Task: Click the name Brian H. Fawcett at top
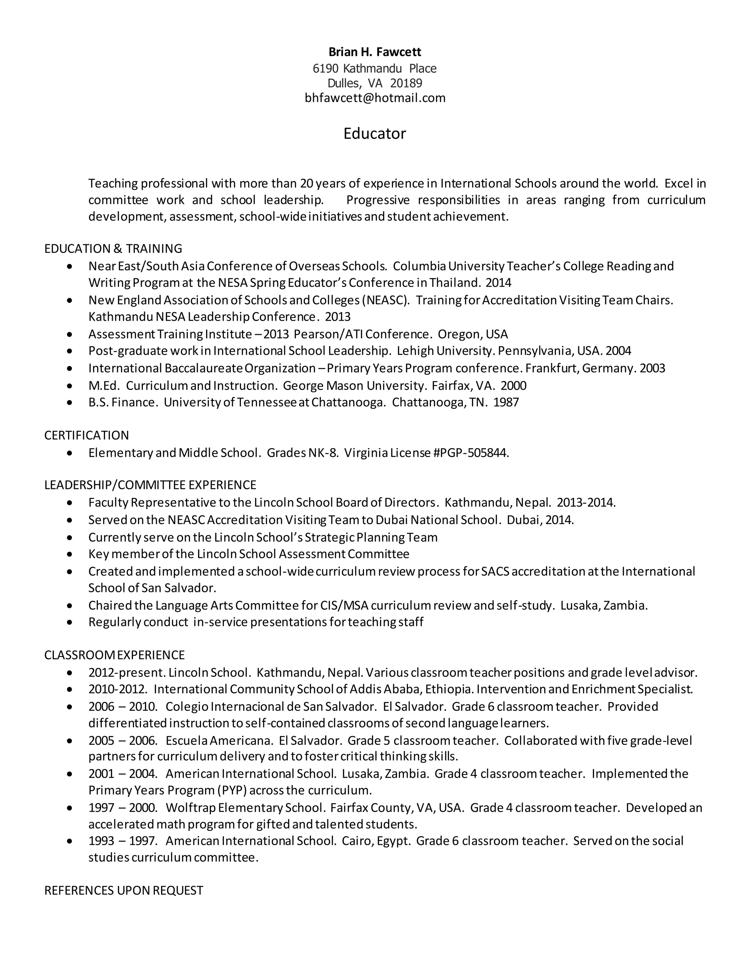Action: [x=375, y=52]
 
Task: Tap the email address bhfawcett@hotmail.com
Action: [x=375, y=98]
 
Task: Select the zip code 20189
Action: [x=406, y=83]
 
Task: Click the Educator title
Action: [x=375, y=133]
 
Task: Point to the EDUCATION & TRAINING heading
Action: [x=113, y=248]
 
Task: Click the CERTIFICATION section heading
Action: [x=87, y=435]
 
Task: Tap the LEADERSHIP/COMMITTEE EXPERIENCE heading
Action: [x=150, y=485]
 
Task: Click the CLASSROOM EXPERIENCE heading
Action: [x=115, y=655]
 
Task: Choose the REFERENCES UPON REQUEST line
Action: [x=123, y=890]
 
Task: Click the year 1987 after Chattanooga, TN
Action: [x=506, y=402]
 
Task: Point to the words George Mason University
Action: [x=354, y=385]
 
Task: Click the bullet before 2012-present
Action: [x=69, y=673]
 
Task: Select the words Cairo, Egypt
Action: [x=376, y=841]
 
